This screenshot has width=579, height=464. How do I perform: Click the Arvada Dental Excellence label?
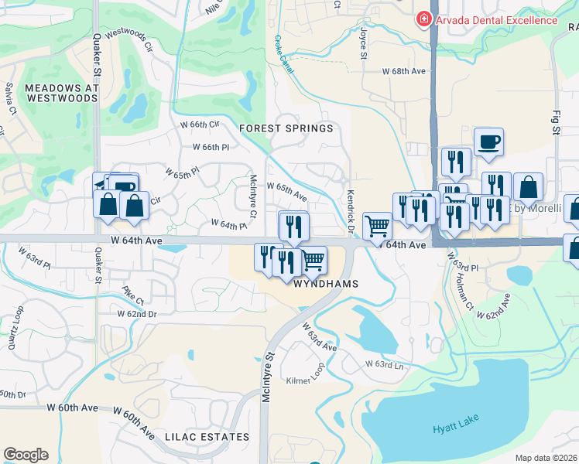pyautogui.click(x=496, y=20)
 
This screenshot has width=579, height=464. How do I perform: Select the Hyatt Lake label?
pyautogui.click(x=455, y=425)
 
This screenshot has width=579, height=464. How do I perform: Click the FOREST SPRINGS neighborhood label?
pyautogui.click(x=286, y=128)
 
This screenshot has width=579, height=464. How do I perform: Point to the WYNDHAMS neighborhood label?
pyautogui.click(x=326, y=284)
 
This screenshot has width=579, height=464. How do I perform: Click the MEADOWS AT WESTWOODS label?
pyautogui.click(x=61, y=94)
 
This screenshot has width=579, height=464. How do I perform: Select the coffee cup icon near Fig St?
pyautogui.click(x=488, y=142)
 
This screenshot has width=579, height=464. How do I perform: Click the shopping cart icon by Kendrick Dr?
pyautogui.click(x=377, y=226)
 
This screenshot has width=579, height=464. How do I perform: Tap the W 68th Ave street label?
pyautogui.click(x=404, y=71)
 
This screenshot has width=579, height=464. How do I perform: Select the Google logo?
pyautogui.click(x=26, y=455)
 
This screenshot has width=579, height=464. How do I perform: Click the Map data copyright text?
pyautogui.click(x=547, y=458)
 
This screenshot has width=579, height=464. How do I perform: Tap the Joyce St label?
pyautogui.click(x=362, y=45)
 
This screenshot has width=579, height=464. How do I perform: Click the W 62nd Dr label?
pyautogui.click(x=137, y=314)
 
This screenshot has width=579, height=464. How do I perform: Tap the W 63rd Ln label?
pyautogui.click(x=385, y=363)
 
